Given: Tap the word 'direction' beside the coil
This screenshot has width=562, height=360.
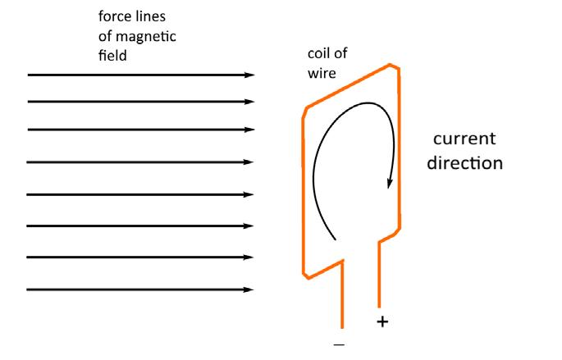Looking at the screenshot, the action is (x=464, y=162).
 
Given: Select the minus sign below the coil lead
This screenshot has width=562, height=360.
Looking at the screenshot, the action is (x=340, y=344).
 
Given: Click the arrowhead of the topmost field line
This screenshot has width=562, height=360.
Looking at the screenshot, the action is (x=250, y=75).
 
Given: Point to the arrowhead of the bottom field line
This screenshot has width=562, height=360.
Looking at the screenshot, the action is (x=250, y=289).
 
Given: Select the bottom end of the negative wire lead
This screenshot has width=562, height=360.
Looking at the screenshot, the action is (x=341, y=326).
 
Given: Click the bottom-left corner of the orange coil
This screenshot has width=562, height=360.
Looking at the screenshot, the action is (x=304, y=274).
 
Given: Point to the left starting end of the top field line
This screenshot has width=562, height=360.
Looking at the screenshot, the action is (x=29, y=75).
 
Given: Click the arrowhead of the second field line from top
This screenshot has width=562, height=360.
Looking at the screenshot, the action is (x=250, y=102).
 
